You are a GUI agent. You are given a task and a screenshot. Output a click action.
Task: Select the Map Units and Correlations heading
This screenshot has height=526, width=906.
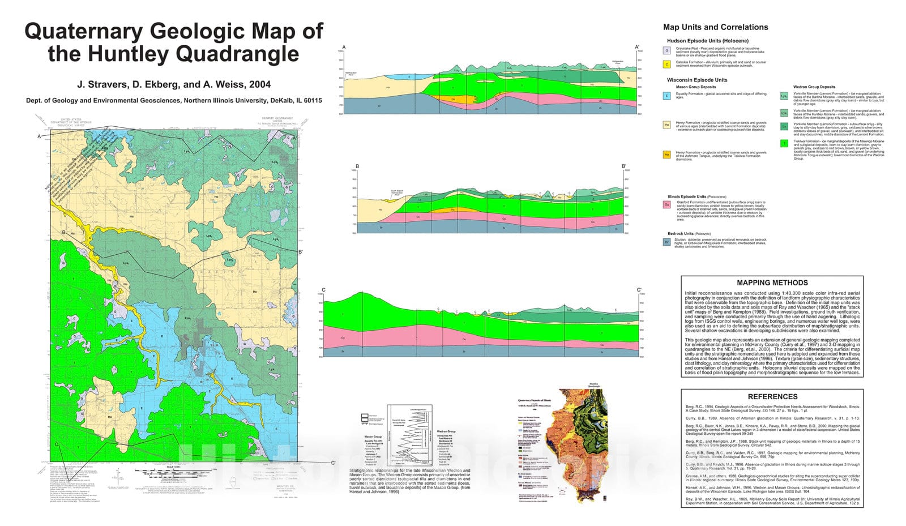(x=715, y=27)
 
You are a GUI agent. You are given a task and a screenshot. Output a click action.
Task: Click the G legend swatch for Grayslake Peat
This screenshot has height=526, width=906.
(x=667, y=50)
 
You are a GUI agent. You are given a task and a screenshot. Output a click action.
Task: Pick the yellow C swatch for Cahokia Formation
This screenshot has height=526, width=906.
(x=667, y=64)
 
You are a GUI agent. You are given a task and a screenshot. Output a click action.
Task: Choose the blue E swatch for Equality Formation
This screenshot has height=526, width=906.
(x=667, y=96)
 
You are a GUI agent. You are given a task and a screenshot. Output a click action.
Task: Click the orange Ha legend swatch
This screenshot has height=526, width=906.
(x=667, y=154)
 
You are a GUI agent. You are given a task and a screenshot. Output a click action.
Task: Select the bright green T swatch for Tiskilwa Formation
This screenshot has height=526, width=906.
(x=784, y=144)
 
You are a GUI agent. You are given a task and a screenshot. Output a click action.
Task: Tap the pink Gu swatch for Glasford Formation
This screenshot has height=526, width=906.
(x=667, y=204)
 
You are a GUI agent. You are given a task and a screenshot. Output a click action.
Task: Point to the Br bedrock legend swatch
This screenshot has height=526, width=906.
(x=667, y=242)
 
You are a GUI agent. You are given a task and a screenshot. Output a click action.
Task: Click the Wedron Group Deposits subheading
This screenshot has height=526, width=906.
(x=814, y=87)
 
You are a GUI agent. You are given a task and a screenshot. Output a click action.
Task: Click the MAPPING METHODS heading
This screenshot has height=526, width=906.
(x=772, y=283)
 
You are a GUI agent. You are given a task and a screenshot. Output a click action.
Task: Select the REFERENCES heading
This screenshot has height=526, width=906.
(x=772, y=396)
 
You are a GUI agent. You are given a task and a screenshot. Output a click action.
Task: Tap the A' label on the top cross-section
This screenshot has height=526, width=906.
(x=637, y=48)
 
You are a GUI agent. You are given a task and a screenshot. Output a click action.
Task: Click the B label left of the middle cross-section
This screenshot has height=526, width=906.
(x=357, y=166)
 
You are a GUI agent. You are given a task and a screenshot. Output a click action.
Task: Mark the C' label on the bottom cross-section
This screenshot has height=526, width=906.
(x=639, y=290)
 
